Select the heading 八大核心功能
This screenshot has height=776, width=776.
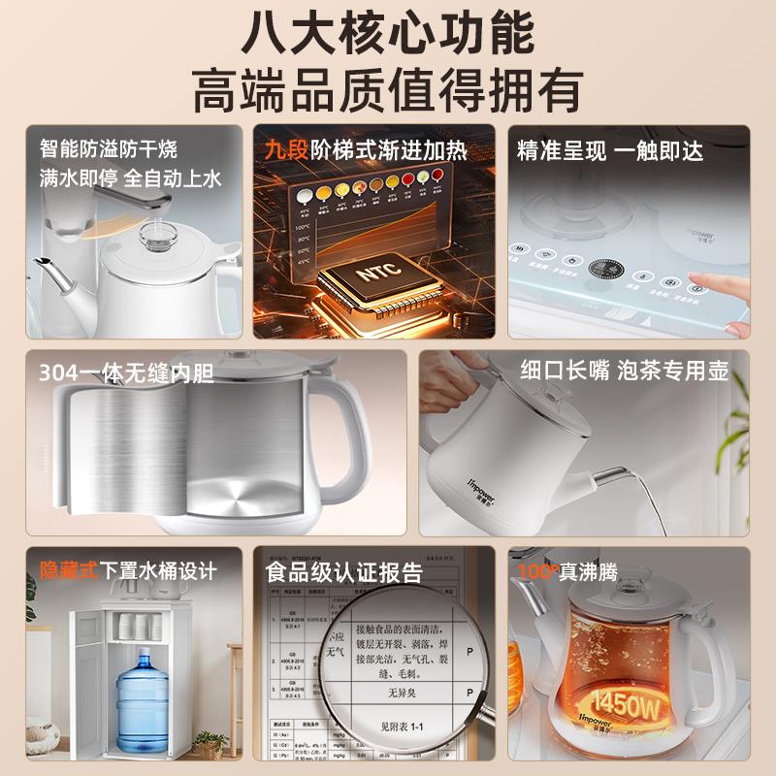click(387, 31)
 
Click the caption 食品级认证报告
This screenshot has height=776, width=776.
click(344, 571)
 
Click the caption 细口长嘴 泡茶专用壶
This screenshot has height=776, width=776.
click(624, 370)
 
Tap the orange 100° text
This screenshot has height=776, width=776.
click(537, 571)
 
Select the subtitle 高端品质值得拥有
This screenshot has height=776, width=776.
click(387, 89)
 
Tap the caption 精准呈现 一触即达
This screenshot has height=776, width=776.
click(610, 150)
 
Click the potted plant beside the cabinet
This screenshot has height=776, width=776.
click(208, 743)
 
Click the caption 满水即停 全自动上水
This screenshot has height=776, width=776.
click(131, 178)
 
